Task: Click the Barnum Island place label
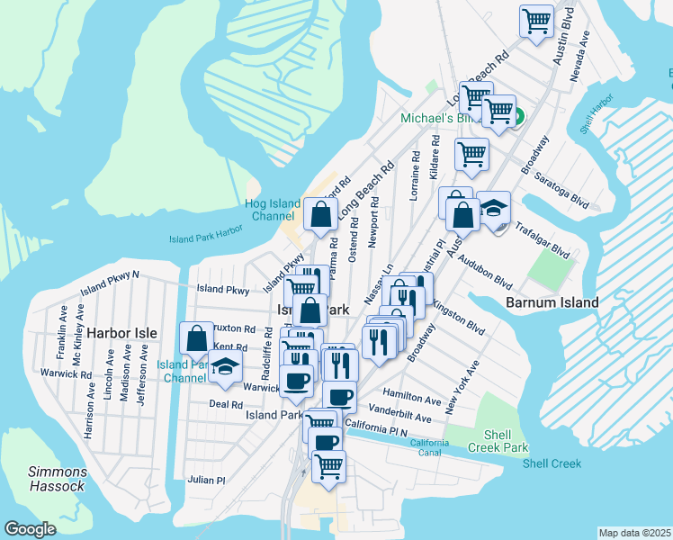tap(552, 302)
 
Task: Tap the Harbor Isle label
tap(121, 333)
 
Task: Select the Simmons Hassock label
tap(58, 479)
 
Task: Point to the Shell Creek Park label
tap(498, 441)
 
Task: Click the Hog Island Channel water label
tap(272, 210)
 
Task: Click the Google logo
tap(30, 529)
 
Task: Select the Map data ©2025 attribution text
tap(634, 533)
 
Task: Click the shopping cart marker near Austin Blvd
tap(536, 20)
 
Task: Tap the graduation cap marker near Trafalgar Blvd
tap(493, 209)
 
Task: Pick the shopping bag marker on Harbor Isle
tap(196, 339)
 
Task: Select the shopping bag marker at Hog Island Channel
tap(321, 214)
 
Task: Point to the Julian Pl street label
tap(206, 480)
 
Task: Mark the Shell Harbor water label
tap(596, 114)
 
